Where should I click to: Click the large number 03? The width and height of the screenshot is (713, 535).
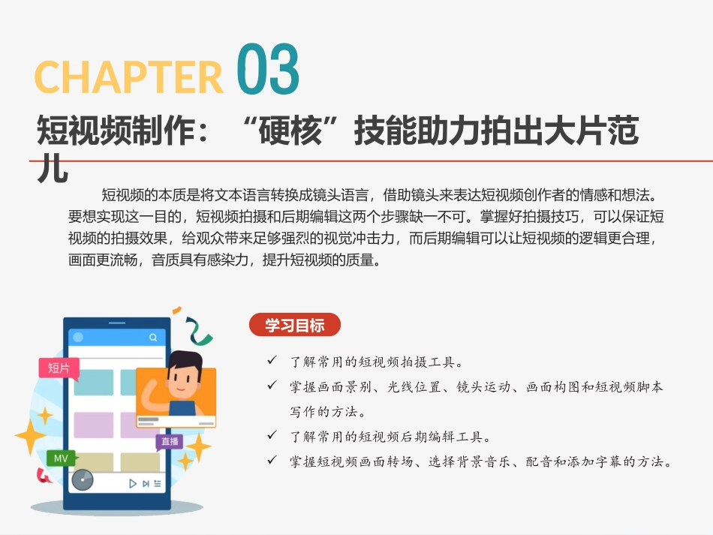tap(268, 70)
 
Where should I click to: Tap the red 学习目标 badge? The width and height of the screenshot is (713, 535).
tap(294, 325)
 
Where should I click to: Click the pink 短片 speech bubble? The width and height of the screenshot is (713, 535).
tap(59, 368)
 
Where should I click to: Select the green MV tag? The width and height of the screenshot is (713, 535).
tap(61, 457)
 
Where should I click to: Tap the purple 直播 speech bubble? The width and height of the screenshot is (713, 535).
tap(169, 441)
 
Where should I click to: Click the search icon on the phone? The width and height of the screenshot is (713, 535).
tap(153, 338)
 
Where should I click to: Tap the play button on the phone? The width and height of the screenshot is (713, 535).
tap(133, 483)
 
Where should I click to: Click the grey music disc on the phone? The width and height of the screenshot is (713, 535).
tap(83, 479)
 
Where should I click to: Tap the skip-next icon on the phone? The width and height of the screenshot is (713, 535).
tap(146, 483)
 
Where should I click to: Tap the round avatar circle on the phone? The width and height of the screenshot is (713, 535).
tap(77, 338)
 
